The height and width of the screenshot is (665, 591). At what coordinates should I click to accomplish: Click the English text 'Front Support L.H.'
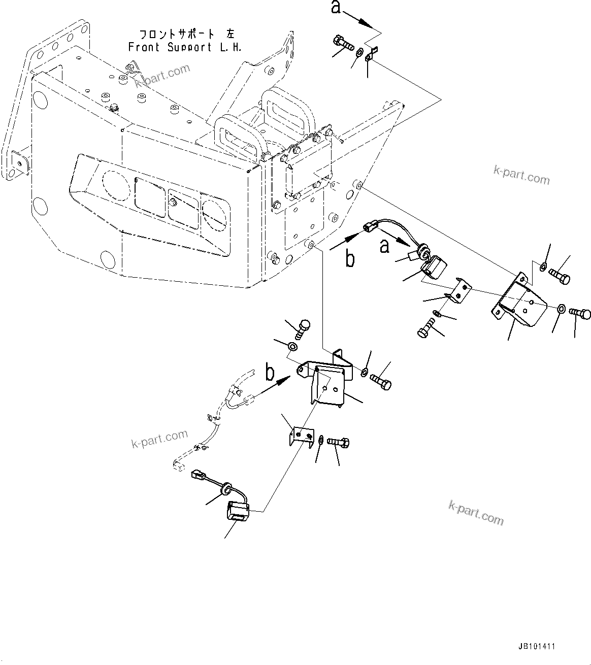click(185, 47)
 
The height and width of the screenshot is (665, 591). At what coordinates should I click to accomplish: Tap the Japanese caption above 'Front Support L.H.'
click(185, 34)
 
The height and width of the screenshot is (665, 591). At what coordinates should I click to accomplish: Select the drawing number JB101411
click(537, 647)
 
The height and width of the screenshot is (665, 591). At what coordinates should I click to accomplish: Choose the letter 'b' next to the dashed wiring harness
click(271, 372)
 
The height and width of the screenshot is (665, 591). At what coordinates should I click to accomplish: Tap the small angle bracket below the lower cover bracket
click(300, 436)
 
